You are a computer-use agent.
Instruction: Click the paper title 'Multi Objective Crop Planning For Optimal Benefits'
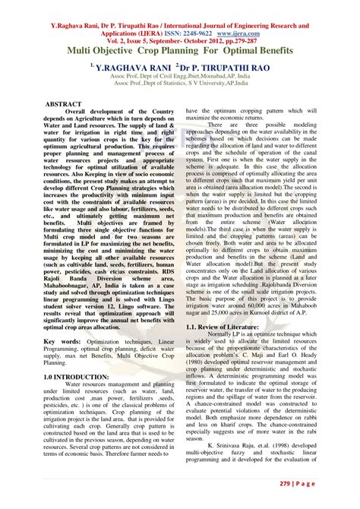coord(180,50)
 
